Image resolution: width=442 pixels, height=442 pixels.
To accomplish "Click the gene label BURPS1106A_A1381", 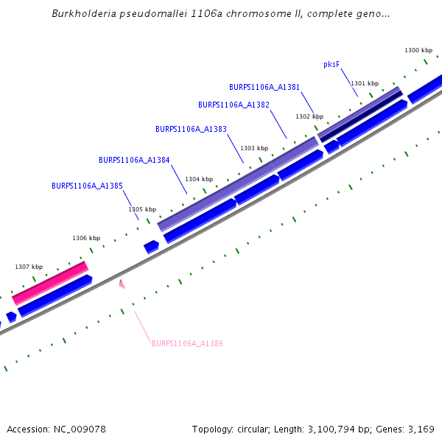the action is click(x=264, y=87).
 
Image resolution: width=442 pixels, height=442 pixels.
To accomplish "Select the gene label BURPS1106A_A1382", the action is click(x=234, y=105).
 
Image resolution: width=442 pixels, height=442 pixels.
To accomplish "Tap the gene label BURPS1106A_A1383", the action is click(x=191, y=129).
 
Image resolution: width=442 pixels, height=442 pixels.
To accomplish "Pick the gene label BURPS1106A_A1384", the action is click(x=134, y=160).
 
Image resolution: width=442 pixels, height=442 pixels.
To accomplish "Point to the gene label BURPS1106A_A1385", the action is click(x=87, y=186).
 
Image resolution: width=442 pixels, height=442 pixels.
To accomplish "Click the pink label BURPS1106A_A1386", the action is click(x=187, y=343).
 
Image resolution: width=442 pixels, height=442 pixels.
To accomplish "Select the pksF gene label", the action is click(x=331, y=64).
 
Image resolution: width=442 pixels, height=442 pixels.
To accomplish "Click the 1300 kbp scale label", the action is click(x=418, y=50).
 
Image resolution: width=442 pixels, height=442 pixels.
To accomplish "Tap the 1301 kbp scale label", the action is click(x=365, y=83).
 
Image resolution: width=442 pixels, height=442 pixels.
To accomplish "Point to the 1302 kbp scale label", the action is click(x=309, y=116).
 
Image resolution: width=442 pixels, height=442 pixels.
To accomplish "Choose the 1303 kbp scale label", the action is click(x=253, y=148).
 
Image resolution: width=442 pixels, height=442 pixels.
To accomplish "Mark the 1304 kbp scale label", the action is click(x=199, y=179).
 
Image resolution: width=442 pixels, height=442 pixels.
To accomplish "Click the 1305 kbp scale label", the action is click(x=142, y=209).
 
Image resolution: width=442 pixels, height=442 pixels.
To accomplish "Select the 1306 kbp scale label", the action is click(x=86, y=238).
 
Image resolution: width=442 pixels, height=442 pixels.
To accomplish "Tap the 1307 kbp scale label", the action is click(x=29, y=267).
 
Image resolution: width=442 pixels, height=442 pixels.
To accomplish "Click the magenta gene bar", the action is click(x=50, y=282).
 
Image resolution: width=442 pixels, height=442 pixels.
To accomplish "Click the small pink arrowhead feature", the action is click(x=122, y=284).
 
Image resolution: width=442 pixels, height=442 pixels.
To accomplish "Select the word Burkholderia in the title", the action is click(x=83, y=14).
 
